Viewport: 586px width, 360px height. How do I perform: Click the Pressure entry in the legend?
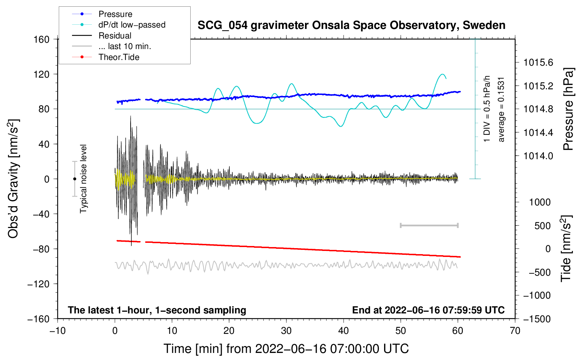(115, 14)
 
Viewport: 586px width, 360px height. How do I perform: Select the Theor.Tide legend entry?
(119, 57)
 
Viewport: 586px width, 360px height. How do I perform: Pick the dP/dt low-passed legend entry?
(132, 25)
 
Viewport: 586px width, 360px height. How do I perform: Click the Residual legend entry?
(115, 36)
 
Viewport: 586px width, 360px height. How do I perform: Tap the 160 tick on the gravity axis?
(42, 39)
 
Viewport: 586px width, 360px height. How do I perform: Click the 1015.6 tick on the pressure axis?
(538, 62)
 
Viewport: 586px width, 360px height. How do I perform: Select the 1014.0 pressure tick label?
(538, 156)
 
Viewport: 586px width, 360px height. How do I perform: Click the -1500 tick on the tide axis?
(537, 319)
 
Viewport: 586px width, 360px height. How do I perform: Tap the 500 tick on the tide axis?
(542, 226)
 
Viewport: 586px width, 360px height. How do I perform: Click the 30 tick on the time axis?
(286, 331)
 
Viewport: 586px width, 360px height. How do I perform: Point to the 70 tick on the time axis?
(515, 331)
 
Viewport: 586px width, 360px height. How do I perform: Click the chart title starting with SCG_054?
(351, 25)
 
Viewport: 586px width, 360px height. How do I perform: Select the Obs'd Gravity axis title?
(13, 179)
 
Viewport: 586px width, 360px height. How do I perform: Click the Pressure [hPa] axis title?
(568, 109)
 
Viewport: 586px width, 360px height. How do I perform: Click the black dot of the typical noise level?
(74, 179)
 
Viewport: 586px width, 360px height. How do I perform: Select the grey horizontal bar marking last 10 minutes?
(429, 226)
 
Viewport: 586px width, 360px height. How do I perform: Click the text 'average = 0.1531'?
(501, 109)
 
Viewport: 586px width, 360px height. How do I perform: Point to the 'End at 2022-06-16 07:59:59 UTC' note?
(428, 310)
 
